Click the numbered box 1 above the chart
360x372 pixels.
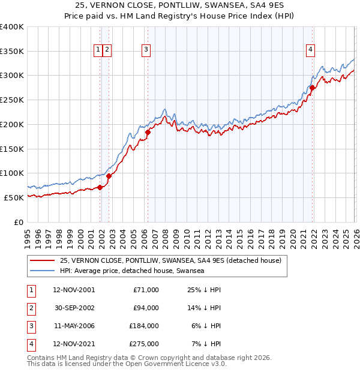[x=98, y=50]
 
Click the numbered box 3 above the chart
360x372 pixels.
[x=146, y=50]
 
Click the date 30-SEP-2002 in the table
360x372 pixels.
[x=74, y=308]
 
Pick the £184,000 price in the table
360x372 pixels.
[x=144, y=326]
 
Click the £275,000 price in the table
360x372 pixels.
[x=144, y=344]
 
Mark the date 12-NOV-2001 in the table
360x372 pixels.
[x=74, y=290]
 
